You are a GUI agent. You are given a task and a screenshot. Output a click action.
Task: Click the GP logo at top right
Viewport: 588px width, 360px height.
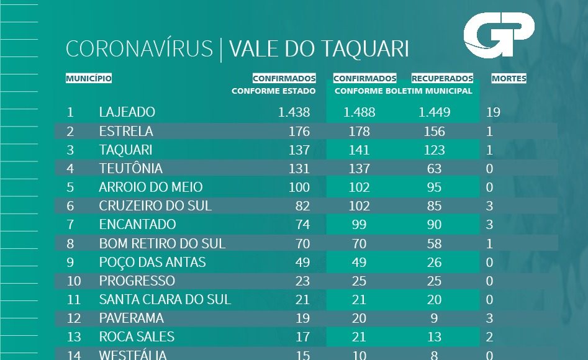tap(499, 36)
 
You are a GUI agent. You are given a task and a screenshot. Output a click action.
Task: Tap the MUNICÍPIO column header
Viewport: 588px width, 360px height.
tap(89, 79)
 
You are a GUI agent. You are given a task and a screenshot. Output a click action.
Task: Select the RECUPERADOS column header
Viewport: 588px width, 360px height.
tap(442, 79)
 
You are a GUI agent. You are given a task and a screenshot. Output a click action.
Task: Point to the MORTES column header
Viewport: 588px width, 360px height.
tap(509, 79)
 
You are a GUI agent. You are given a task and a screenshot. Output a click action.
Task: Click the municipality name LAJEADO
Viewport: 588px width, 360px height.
tap(127, 112)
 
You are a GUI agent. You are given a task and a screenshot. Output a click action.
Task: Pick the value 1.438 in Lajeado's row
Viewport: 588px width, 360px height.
tap(294, 112)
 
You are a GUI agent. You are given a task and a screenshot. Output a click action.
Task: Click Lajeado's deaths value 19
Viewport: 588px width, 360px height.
tap(494, 112)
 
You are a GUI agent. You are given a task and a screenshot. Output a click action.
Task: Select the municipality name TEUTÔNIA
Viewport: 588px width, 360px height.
tap(130, 168)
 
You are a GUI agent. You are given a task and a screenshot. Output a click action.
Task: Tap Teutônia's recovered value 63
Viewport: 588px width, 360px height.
tap(435, 168)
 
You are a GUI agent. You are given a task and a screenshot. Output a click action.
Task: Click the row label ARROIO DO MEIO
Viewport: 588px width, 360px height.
tap(151, 187)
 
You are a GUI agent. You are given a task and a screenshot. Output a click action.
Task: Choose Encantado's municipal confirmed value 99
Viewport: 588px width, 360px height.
tap(360, 224)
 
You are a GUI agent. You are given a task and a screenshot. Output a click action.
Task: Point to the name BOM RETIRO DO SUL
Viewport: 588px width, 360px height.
tap(162, 243)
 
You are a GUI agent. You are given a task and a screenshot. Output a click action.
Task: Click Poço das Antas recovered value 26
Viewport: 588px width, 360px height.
tap(435, 262)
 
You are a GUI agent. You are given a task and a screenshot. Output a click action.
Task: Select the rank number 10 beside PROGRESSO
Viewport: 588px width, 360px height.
tap(74, 281)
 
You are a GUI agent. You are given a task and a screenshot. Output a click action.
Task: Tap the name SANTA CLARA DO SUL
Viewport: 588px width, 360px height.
tap(165, 299)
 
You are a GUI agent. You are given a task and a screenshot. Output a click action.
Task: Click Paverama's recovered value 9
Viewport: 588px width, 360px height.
tap(435, 318)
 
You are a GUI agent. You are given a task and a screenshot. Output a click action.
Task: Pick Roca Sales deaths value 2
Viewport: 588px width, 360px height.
tap(490, 336)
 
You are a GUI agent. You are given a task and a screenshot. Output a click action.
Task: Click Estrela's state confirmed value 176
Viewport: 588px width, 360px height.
tap(299, 131)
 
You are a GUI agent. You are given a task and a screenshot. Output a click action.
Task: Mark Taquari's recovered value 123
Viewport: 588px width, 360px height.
tap(435, 150)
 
